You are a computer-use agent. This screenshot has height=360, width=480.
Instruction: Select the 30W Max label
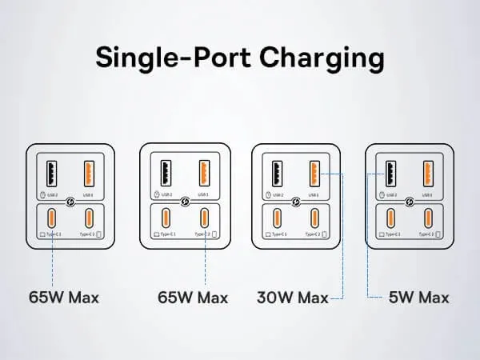coord(293,298)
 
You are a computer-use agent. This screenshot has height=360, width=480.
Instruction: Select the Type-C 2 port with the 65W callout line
coord(205,218)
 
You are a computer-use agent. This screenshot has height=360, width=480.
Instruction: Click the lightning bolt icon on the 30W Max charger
coord(297,202)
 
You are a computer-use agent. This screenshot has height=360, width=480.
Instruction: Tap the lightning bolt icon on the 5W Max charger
coord(409,202)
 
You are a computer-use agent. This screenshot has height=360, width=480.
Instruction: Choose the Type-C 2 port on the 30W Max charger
coord(314,218)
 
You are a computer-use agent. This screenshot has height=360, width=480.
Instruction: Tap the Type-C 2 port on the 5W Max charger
coord(427,218)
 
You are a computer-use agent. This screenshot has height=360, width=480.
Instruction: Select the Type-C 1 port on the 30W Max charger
coord(277,218)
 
